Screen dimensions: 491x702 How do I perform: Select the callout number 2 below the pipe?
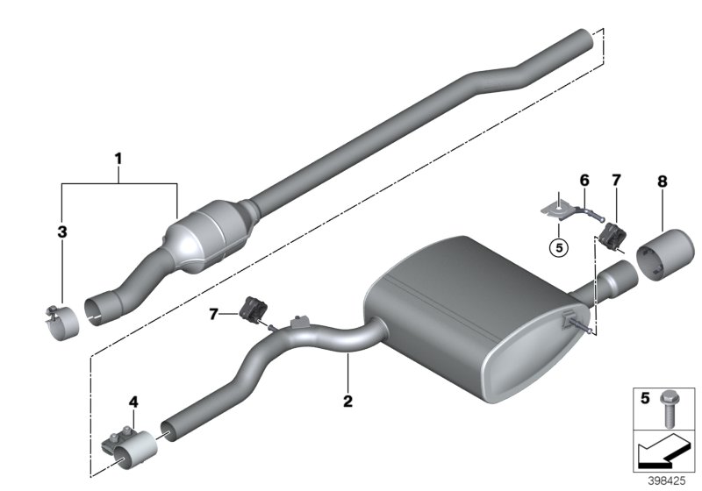347,402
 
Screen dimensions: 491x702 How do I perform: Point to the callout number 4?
133,402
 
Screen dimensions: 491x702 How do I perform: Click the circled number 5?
555,246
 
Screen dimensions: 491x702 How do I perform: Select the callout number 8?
662,181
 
